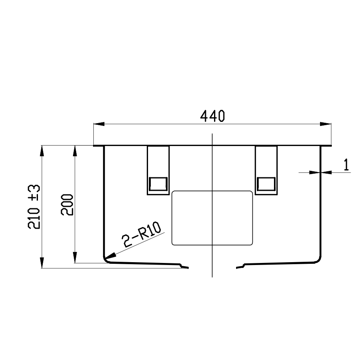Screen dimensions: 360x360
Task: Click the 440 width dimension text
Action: tap(212, 117)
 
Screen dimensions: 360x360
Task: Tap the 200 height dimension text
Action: tap(67, 204)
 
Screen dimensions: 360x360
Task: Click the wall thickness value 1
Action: tap(346, 165)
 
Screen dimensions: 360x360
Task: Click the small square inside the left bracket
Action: tap(158, 184)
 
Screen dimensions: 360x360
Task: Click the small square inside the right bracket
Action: tap(266, 184)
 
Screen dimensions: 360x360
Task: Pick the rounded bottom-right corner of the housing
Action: tap(317, 260)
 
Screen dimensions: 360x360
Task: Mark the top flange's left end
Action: tap(95, 146)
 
